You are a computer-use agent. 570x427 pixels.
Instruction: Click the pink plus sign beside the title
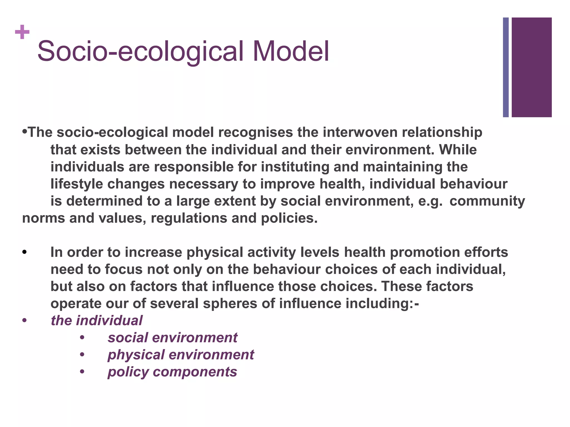click(22, 32)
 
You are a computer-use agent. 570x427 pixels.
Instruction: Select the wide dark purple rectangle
click(532, 67)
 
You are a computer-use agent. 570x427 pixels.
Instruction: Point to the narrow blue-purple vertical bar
click(506, 67)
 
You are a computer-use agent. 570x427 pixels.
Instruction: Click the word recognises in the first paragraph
click(255, 132)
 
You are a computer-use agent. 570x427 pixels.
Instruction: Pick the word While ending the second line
click(458, 150)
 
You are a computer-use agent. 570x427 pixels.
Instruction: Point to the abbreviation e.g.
click(430, 201)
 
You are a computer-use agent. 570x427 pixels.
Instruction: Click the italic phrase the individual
click(97, 321)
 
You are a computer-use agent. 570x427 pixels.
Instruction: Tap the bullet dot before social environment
click(82, 338)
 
